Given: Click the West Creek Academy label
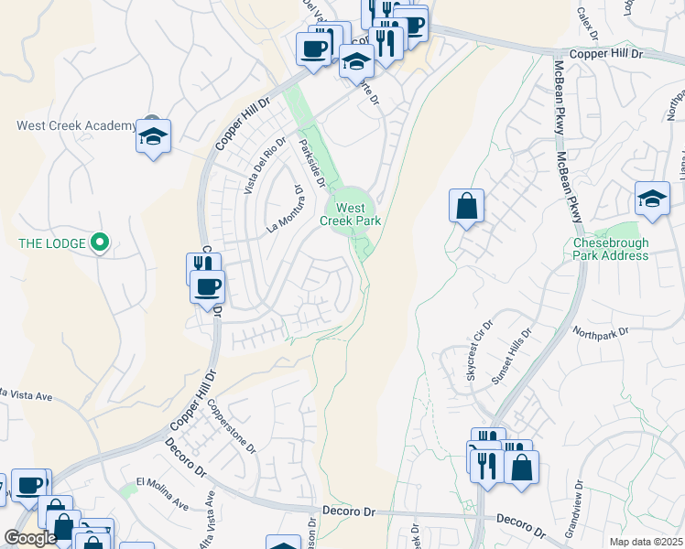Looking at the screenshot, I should coord(75,125).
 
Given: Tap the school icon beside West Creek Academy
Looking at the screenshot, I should coord(153,138).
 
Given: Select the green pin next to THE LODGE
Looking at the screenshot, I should coord(102,242).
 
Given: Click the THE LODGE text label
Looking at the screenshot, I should coord(52,243).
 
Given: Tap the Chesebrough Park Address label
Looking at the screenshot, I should coord(611,249).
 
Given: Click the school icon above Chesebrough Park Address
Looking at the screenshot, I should coord(651,200).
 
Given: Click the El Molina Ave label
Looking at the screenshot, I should coord(162,493).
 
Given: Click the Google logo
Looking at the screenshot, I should coord(30,538).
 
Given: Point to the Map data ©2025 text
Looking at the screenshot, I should coord(647,542).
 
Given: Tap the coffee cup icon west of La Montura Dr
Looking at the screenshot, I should coord(207,287).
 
